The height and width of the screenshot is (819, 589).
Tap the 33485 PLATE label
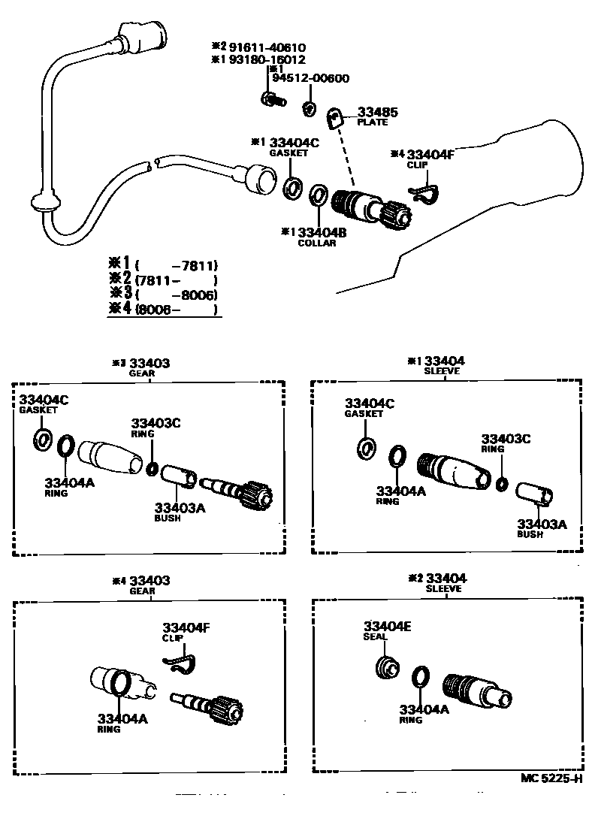coord(377,116)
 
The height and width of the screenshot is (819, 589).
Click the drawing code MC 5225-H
coord(551,778)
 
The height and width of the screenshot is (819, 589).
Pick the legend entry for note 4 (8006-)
coord(165,308)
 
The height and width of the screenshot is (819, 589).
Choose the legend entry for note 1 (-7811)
coord(165,264)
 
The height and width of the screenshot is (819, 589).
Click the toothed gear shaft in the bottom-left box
coord(206,707)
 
